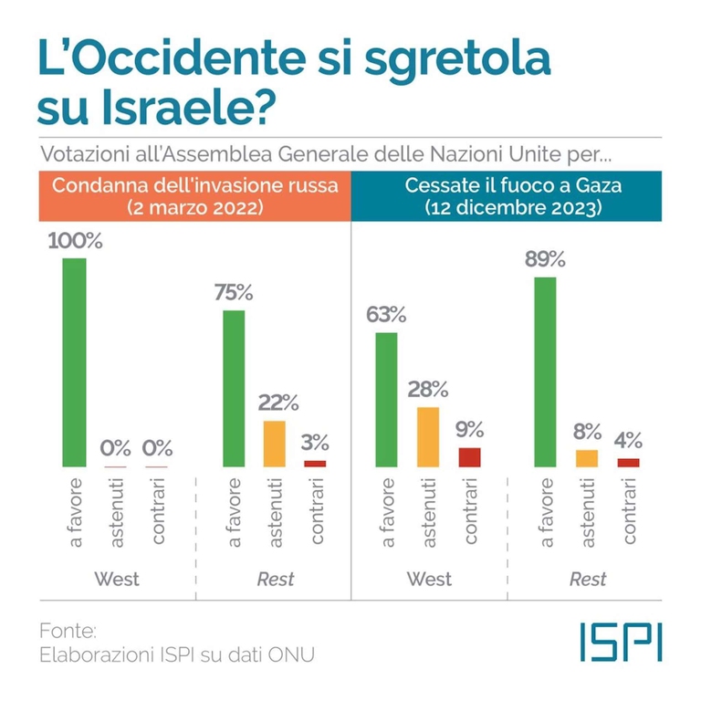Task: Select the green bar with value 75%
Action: (x=235, y=389)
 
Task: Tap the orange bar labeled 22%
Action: (x=275, y=444)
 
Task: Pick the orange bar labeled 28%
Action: (x=428, y=437)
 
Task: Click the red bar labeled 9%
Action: (x=469, y=457)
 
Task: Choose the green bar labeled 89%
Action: (x=546, y=371)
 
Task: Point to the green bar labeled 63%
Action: (x=387, y=400)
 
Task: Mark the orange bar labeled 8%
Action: (x=587, y=458)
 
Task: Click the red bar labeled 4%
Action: (x=628, y=463)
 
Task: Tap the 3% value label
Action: (x=315, y=443)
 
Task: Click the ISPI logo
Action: (x=621, y=642)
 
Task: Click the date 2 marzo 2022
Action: (x=195, y=208)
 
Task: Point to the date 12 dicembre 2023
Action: (x=512, y=208)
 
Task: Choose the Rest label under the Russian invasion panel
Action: (x=274, y=579)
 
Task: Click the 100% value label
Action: (x=76, y=242)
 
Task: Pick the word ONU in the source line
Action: (x=294, y=654)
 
